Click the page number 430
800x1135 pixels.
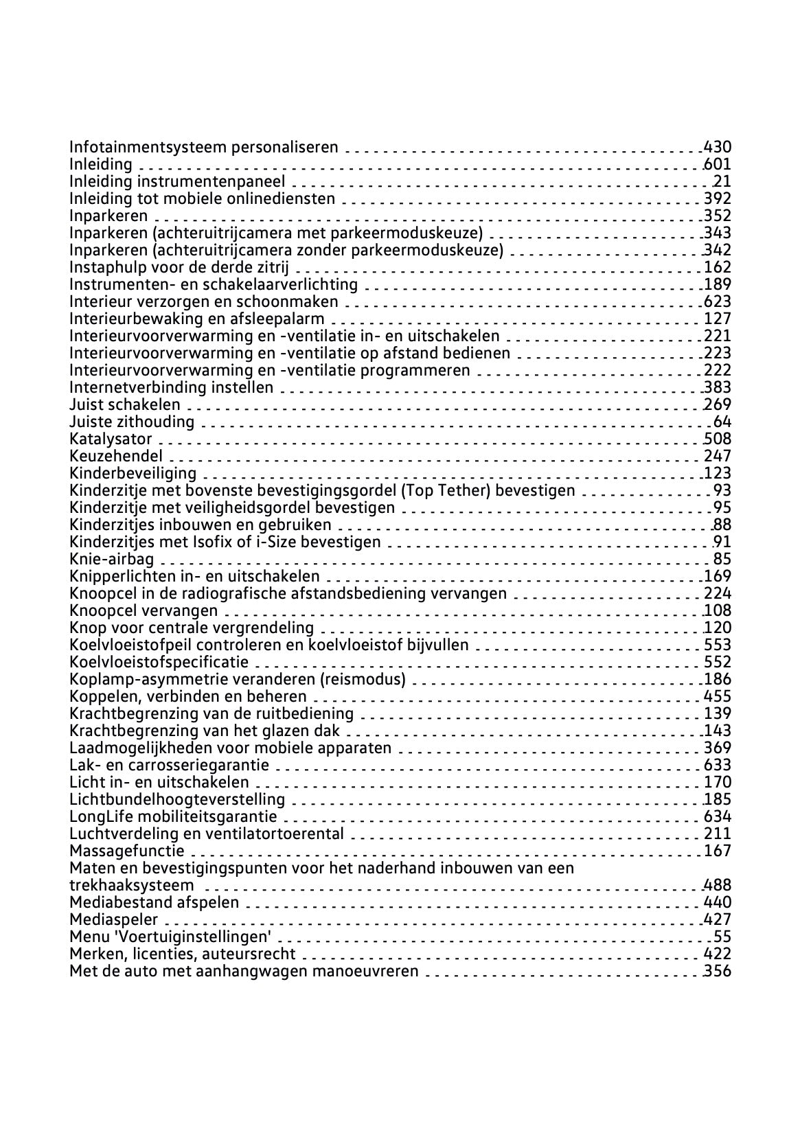(x=718, y=147)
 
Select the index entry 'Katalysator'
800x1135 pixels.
(x=111, y=439)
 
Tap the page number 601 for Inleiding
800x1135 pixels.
(x=718, y=164)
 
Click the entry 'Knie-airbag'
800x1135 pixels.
(x=112, y=559)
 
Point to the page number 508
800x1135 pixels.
(x=718, y=439)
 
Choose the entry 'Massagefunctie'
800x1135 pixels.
(x=127, y=851)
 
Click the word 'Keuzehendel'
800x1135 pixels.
(x=116, y=456)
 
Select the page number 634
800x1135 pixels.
(x=718, y=816)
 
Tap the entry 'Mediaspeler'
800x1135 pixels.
(x=114, y=919)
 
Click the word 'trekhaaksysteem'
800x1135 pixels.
(x=132, y=885)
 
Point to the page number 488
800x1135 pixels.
(x=718, y=885)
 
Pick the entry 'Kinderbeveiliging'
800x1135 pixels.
(x=133, y=473)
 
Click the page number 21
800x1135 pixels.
(x=722, y=181)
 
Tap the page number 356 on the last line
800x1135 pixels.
(x=718, y=971)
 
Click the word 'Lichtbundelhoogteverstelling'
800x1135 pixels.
(x=177, y=799)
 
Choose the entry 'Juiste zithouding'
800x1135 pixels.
(x=132, y=422)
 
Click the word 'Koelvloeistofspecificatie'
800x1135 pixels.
(x=159, y=662)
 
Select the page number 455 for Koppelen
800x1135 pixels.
(x=718, y=696)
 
